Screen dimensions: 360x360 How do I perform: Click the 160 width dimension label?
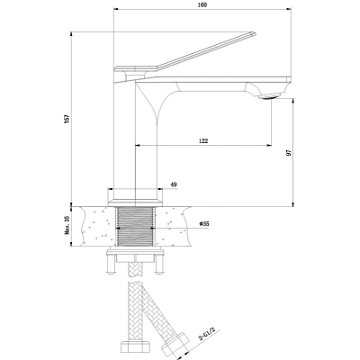click(x=203, y=4)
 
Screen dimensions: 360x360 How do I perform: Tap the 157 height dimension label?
click(x=67, y=118)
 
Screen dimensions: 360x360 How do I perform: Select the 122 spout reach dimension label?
click(x=203, y=140)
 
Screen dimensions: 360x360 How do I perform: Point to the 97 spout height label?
click(x=289, y=153)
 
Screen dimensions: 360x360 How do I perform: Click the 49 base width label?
click(x=174, y=184)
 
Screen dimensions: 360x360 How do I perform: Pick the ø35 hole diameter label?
click(x=204, y=224)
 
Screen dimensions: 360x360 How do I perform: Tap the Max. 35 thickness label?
click(x=67, y=225)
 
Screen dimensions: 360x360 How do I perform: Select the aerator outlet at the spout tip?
click(x=269, y=96)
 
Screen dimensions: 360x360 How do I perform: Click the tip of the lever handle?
click(x=254, y=33)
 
